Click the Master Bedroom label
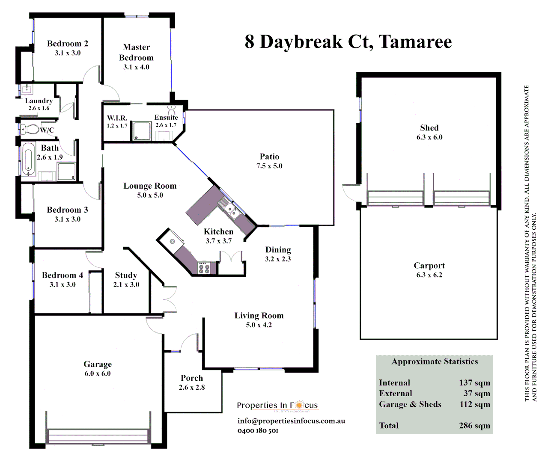coord(136,52)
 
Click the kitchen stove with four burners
coord(204,267)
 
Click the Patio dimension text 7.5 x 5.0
coord(269,166)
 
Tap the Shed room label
coord(429,128)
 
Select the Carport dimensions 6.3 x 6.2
coord(429,275)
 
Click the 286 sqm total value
coord(474,426)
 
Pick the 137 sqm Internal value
coord(474,383)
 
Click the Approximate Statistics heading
coord(435,361)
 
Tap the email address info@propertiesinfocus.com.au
coord(291,421)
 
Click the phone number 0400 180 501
coord(258,430)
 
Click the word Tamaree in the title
coord(415,42)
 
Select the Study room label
coord(126,275)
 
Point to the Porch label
coord(192,378)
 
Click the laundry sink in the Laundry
coord(27,90)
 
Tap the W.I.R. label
coord(117,118)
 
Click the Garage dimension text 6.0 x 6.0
coord(98,373)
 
